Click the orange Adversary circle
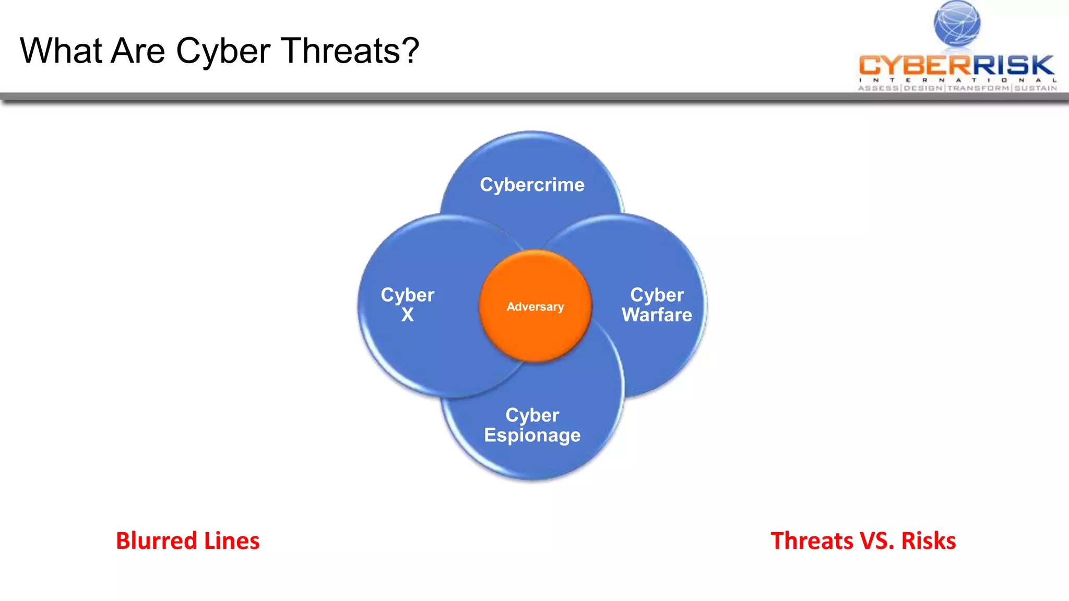click(535, 307)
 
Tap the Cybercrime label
click(532, 185)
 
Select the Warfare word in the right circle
click(657, 315)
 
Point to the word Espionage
click(532, 435)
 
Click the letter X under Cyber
click(407, 315)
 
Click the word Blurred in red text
click(156, 541)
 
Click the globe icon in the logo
click(957, 23)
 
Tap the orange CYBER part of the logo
click(914, 66)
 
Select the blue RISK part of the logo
click(1013, 66)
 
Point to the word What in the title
click(61, 51)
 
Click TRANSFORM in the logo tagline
click(978, 88)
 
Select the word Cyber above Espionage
click(532, 415)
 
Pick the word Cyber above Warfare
click(657, 295)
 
